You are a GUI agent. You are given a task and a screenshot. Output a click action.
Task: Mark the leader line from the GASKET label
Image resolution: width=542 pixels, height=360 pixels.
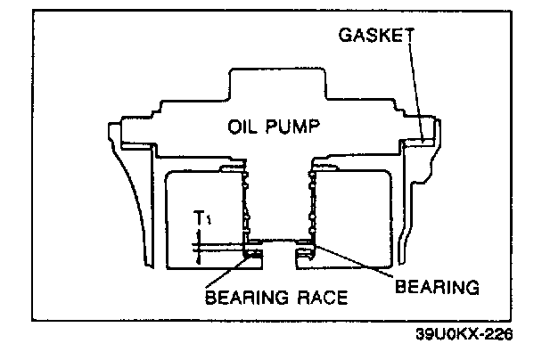(x=415, y=89)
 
